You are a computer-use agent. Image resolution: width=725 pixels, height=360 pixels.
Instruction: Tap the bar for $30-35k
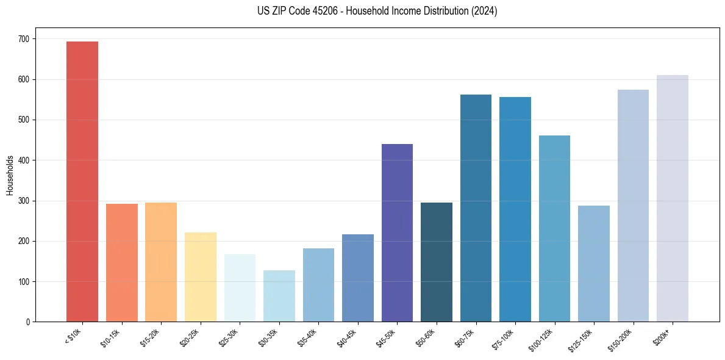pyautogui.click(x=279, y=296)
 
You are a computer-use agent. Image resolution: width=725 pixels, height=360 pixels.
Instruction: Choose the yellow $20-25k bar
pyautogui.click(x=201, y=277)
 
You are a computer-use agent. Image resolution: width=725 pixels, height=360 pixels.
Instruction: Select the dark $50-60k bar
pyautogui.click(x=437, y=262)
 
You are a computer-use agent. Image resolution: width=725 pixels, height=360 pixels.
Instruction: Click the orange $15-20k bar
pyautogui.click(x=161, y=262)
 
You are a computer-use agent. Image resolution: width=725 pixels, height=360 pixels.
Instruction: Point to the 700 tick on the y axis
pyautogui.click(x=26, y=39)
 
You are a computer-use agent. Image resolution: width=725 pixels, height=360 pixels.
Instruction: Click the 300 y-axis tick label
pyautogui.click(x=26, y=201)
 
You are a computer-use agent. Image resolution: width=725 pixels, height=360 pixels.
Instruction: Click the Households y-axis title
pyautogui.click(x=10, y=175)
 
